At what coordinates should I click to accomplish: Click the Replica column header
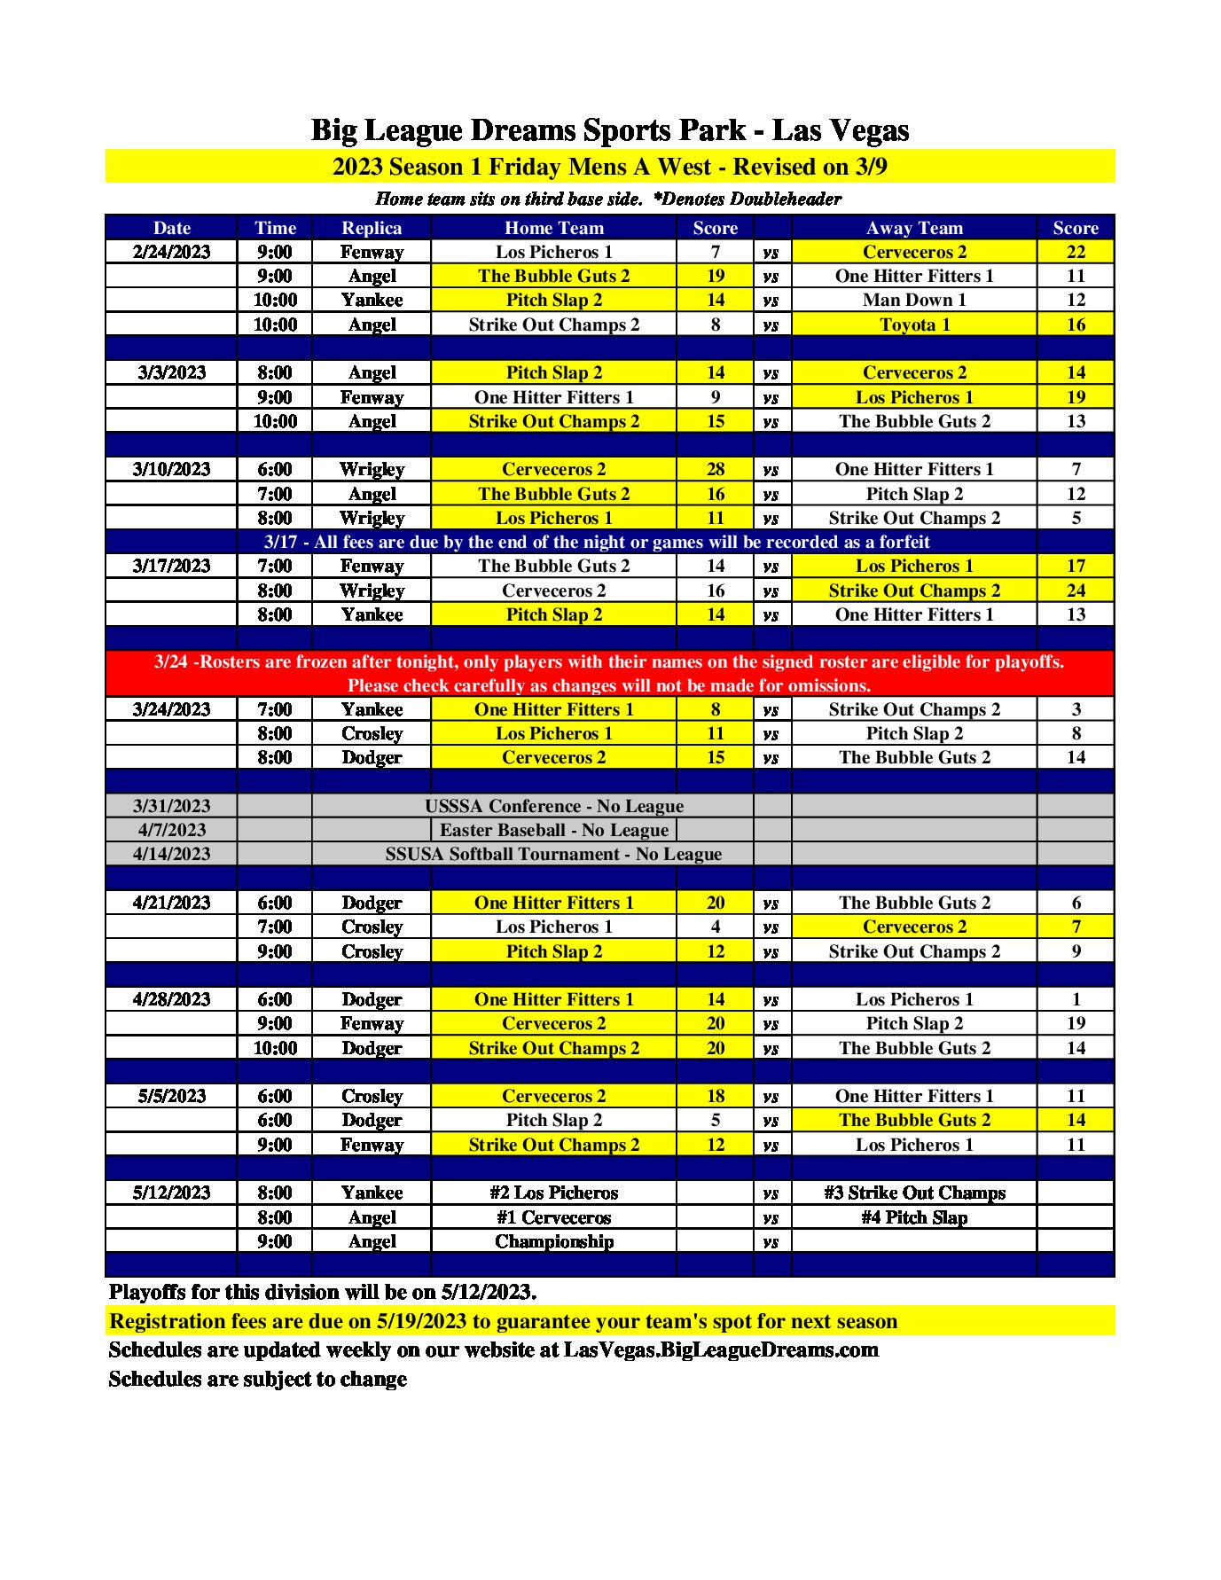pos(372,228)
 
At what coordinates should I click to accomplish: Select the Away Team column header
pos(913,228)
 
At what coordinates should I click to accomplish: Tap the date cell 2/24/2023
pos(171,252)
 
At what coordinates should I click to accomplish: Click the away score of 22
pos(1075,252)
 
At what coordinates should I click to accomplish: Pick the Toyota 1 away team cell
pos(913,325)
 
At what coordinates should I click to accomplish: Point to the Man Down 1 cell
pos(913,300)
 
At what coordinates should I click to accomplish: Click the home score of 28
pos(715,469)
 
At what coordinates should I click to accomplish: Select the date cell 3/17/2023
pos(171,566)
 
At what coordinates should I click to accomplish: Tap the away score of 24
pos(1075,591)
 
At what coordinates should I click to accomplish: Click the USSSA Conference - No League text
pos(554,806)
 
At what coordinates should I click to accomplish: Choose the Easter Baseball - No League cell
pos(554,830)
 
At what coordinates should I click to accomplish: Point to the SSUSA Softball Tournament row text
pos(553,854)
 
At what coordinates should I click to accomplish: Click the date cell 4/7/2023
pos(171,830)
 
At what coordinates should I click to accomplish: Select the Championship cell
pos(554,1241)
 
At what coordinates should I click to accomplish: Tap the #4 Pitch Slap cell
pos(913,1217)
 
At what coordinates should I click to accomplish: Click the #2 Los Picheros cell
pos(554,1193)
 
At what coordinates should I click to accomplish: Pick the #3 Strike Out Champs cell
pos(913,1193)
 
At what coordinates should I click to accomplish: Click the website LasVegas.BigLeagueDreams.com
pos(721,1349)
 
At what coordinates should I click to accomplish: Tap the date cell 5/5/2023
pos(171,1096)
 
